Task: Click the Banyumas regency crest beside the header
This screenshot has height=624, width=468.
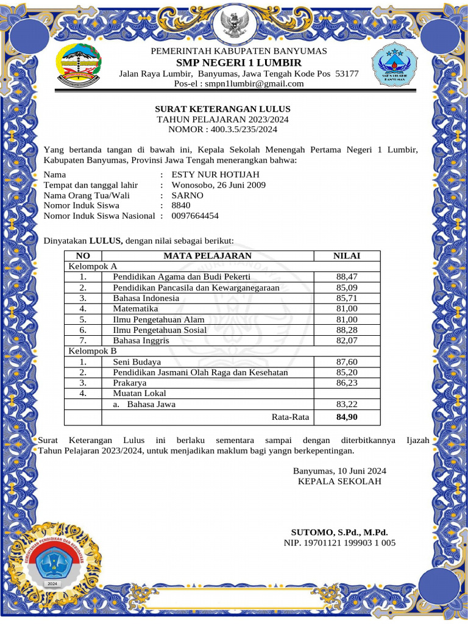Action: pos(80,64)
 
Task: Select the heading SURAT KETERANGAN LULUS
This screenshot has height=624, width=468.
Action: pos(222,109)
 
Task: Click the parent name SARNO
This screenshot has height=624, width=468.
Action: pos(188,196)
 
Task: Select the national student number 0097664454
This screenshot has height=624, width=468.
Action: pos(195,216)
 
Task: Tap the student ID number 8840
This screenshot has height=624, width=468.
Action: pos(181,205)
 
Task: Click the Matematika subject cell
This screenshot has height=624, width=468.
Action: pos(136,309)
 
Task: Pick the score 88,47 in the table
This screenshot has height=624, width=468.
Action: pos(347,277)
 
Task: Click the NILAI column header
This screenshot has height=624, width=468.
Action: pos(346,256)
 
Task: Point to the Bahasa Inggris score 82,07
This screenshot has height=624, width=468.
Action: pos(347,341)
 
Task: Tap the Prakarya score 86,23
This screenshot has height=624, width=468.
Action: pos(347,383)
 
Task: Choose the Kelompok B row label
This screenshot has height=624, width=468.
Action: pos(91,351)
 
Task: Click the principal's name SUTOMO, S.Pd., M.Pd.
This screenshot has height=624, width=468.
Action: pos(339,532)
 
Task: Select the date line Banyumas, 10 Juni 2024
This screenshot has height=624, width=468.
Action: pos(339,471)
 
